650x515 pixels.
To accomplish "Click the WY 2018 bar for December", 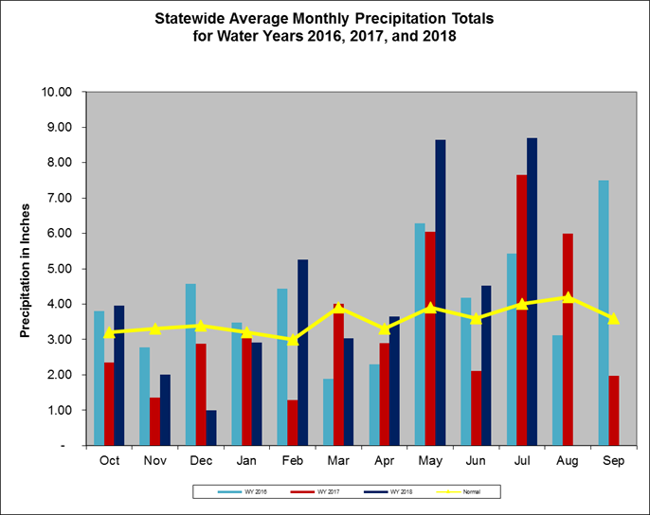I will (x=210, y=427).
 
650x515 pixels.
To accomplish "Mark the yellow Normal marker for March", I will (x=338, y=308).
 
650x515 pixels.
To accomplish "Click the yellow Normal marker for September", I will (x=614, y=318).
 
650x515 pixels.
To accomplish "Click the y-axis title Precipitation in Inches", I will (x=26, y=269).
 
